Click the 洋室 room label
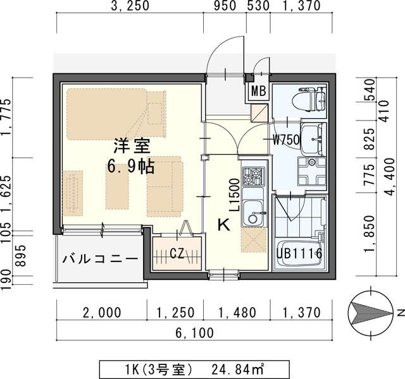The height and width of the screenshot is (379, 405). click(x=132, y=146)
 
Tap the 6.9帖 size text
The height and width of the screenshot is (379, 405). click(x=132, y=167)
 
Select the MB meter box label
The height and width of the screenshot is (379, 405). click(x=258, y=91)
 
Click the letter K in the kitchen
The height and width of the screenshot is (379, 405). click(x=223, y=224)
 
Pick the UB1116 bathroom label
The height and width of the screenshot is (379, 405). click(x=299, y=254)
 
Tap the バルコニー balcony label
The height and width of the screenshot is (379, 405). click(x=101, y=258)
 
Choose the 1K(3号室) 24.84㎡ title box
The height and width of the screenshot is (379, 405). click(x=195, y=368)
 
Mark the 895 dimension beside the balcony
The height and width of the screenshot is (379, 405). click(x=23, y=256)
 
